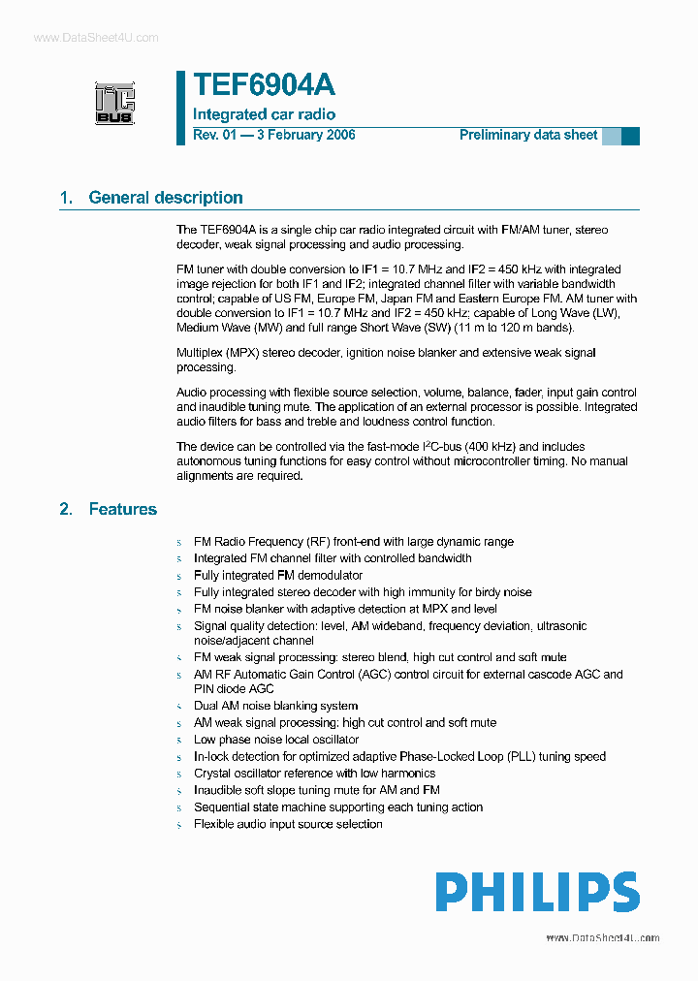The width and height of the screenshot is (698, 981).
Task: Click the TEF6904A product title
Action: [x=264, y=86]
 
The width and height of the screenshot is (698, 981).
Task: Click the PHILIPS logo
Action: [x=536, y=892]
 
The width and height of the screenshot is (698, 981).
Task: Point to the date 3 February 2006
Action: [x=305, y=135]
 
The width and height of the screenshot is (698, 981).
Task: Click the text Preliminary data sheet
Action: [x=527, y=135]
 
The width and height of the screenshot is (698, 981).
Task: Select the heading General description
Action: [x=165, y=198]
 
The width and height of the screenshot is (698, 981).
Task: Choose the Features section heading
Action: [x=122, y=509]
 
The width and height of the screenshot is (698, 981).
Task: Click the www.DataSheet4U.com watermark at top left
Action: [x=95, y=37]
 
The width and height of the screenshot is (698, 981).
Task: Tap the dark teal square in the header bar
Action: [x=630, y=136]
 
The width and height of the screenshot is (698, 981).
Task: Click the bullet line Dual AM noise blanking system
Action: [x=275, y=706]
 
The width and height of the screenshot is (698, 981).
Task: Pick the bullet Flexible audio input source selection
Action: [x=288, y=824]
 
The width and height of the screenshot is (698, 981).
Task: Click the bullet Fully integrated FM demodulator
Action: [x=277, y=575]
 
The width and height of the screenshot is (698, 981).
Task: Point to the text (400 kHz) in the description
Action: [x=492, y=447]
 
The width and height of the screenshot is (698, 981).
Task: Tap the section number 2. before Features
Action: [x=66, y=509]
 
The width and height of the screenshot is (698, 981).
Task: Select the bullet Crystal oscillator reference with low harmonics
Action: [x=314, y=774]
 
